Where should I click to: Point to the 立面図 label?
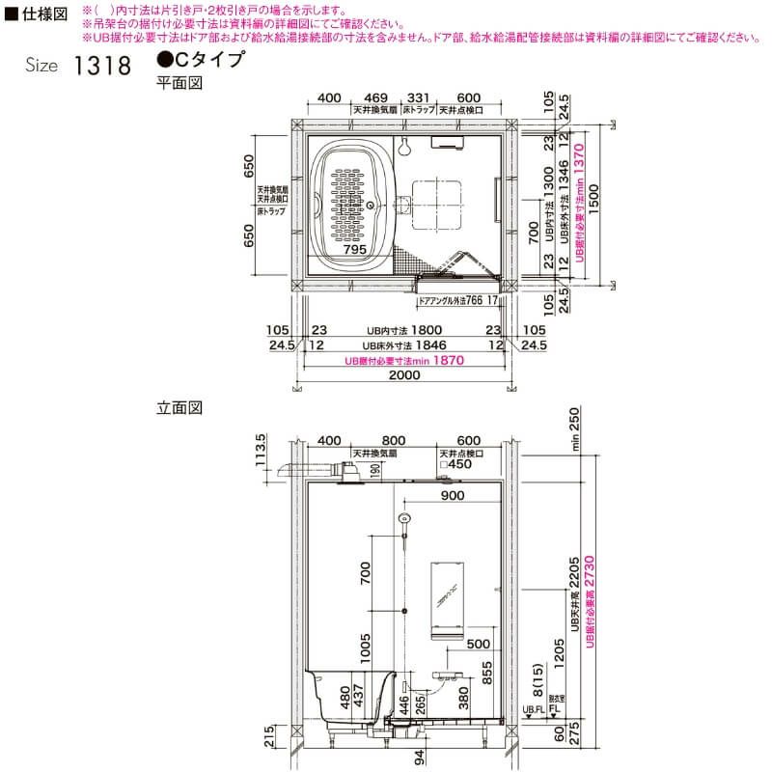(179, 408)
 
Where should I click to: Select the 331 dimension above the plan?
(418, 98)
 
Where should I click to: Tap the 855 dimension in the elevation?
(486, 673)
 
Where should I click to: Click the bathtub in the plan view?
(354, 202)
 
